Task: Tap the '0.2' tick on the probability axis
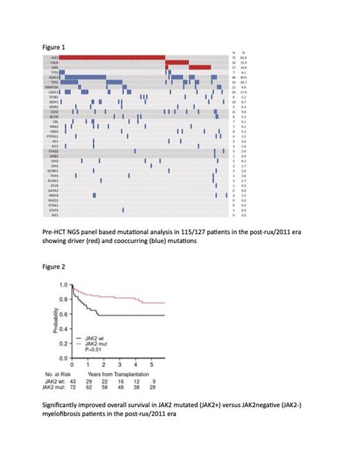click(63, 343)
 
